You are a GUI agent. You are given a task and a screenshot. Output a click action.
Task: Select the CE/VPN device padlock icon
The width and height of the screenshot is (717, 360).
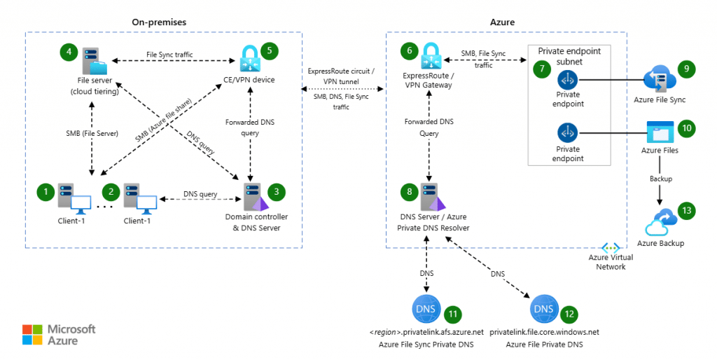pos(249,58)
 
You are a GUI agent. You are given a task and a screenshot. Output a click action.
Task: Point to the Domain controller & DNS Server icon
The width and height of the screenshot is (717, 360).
pos(253,196)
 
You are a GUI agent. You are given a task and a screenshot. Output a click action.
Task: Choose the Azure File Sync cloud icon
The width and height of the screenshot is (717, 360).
pos(660,78)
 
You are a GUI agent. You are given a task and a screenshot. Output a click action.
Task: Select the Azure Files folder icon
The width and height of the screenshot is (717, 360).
pos(660,132)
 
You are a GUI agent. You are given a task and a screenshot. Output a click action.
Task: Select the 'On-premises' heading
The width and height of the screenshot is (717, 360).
pos(158,22)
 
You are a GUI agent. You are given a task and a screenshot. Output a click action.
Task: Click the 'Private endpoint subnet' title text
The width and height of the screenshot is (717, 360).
pos(568,56)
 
